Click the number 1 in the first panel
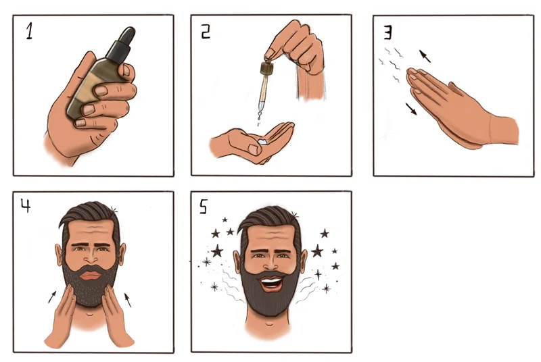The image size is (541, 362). tap(30, 31)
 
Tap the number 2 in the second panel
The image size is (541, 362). tap(206, 31)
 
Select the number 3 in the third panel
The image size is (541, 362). tap(387, 32)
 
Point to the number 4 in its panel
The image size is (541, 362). tap(26, 205)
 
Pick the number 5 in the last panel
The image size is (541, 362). tap(204, 206)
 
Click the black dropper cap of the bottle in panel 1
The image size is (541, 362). tap(120, 45)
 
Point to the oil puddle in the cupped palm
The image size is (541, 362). tap(262, 141)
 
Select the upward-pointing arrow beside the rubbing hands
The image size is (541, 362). tap(425, 56)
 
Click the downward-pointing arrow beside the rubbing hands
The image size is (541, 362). tap(410, 108)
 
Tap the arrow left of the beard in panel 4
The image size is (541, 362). tap(52, 297)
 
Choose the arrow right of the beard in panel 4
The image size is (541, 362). tap(128, 299)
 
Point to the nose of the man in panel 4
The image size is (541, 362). tap(91, 258)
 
